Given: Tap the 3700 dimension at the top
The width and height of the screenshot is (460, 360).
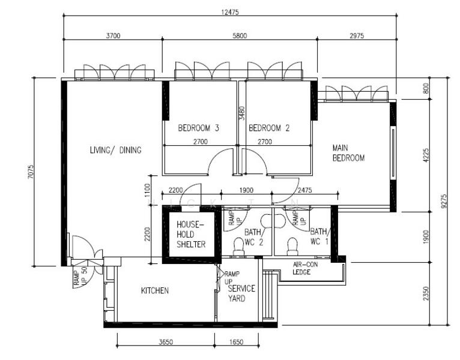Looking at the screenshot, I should [112, 36].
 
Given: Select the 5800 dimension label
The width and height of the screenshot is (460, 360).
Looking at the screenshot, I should [239, 36].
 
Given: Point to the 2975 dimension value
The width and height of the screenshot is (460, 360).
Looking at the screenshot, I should [357, 36].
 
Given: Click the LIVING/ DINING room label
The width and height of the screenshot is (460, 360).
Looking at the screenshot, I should [115, 150].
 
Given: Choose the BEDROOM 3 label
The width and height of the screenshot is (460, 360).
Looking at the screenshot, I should [198, 128].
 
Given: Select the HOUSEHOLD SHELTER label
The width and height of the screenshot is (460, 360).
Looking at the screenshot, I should [191, 235].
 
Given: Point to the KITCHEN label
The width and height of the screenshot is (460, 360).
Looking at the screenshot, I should [155, 290].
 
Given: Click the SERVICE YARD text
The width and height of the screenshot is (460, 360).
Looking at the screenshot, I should [241, 293].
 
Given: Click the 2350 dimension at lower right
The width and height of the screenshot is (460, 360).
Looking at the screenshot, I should [426, 294].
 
